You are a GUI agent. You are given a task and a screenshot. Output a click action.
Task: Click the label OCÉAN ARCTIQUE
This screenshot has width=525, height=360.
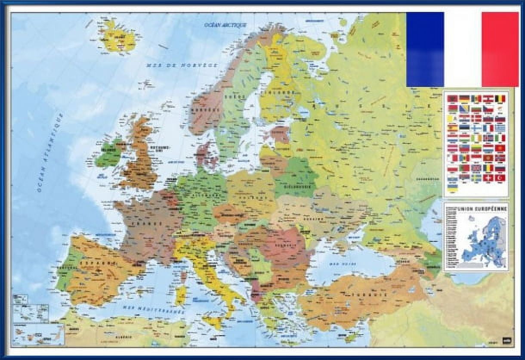click(225, 25)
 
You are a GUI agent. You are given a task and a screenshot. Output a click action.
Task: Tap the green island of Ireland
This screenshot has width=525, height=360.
click(107, 153)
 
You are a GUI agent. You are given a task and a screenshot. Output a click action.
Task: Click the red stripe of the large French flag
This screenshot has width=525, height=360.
click(500, 49)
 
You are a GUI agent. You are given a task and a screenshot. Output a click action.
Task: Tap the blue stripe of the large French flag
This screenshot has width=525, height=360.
click(425, 49)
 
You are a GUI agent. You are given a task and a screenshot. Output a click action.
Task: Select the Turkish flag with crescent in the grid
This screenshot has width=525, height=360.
click(500, 177)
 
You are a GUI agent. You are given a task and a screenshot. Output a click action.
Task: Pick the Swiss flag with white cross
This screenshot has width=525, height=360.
click(488, 177)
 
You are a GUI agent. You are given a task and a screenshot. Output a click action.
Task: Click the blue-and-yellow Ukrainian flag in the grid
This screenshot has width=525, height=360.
click(452, 187)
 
